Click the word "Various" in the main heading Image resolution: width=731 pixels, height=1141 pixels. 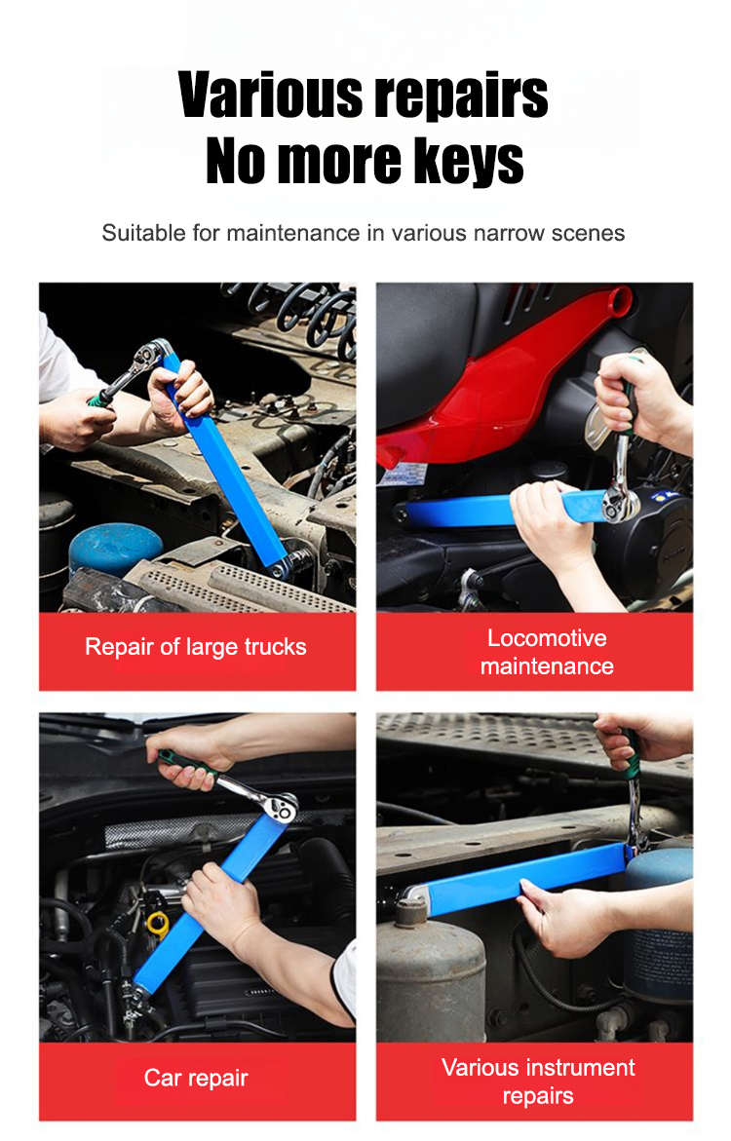click(x=270, y=95)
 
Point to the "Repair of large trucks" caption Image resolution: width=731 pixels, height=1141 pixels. click(x=196, y=647)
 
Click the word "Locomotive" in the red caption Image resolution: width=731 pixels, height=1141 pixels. click(x=547, y=638)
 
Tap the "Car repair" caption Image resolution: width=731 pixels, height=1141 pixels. click(x=196, y=1078)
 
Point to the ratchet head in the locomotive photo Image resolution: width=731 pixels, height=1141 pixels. click(x=620, y=502)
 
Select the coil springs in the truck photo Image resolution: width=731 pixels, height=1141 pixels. click(x=306, y=317)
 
